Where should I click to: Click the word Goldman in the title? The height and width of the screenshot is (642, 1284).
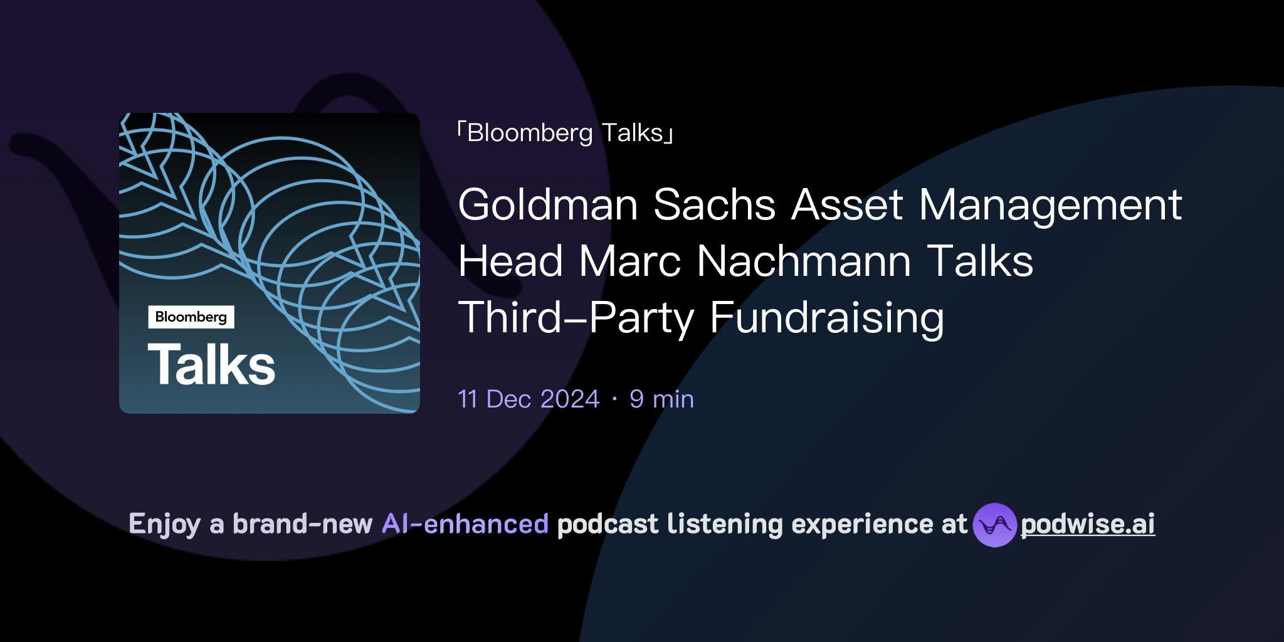[x=547, y=205]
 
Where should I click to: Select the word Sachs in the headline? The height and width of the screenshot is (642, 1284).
[x=714, y=205]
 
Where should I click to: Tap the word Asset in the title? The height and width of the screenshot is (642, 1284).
[x=847, y=205]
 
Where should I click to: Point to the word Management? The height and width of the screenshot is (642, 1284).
[x=1050, y=205]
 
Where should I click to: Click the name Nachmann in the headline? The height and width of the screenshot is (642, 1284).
[x=803, y=261]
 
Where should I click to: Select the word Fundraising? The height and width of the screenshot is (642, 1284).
[x=826, y=318]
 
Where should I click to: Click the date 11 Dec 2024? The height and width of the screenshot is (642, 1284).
[x=529, y=399]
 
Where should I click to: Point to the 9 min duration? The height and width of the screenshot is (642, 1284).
[x=661, y=399]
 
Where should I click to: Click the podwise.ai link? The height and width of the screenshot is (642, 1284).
[x=1088, y=524]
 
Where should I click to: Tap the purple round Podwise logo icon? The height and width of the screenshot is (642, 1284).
[x=994, y=525]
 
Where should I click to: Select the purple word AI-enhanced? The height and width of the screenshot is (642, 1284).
[x=465, y=524]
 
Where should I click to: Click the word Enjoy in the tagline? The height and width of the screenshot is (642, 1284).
[x=164, y=524]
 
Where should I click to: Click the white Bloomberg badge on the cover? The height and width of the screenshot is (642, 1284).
[x=191, y=317]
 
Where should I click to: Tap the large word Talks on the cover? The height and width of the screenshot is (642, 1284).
[x=212, y=365]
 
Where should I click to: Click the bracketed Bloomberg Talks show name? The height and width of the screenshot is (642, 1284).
[x=565, y=133]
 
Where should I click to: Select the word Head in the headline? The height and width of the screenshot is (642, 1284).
[x=510, y=261]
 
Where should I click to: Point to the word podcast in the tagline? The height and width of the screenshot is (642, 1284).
[x=608, y=524]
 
